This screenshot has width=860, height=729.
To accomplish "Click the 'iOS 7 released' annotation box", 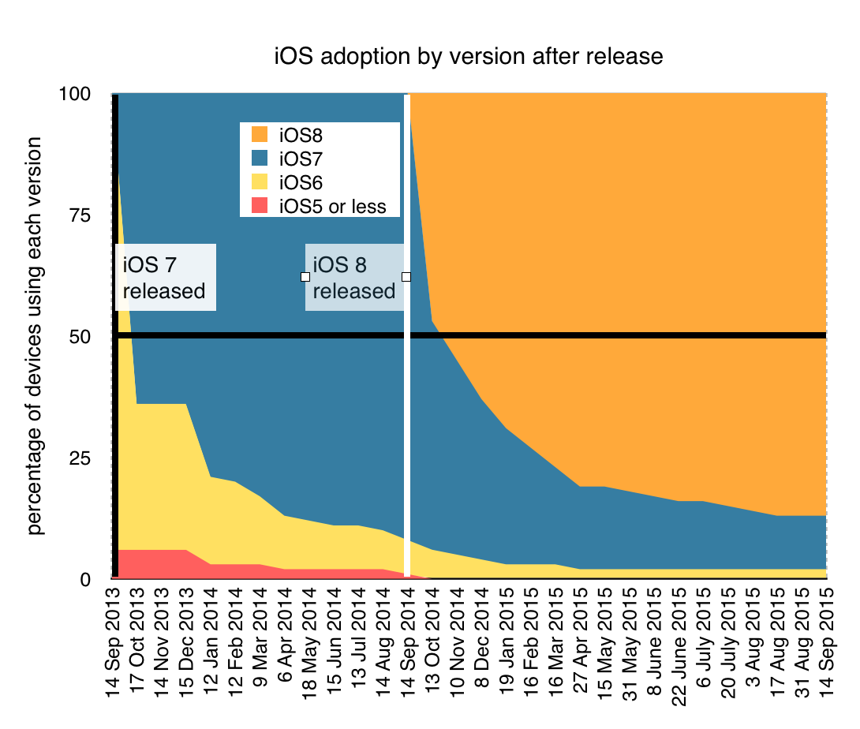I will [x=165, y=277].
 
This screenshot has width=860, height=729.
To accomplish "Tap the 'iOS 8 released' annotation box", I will [x=354, y=277].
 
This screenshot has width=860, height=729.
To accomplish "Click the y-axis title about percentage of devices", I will [x=36, y=335].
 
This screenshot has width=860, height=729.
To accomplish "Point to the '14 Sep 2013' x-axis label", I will [x=115, y=645].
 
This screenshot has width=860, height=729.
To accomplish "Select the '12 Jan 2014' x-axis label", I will [x=211, y=645].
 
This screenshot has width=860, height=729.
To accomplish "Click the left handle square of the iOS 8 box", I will [x=305, y=277].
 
